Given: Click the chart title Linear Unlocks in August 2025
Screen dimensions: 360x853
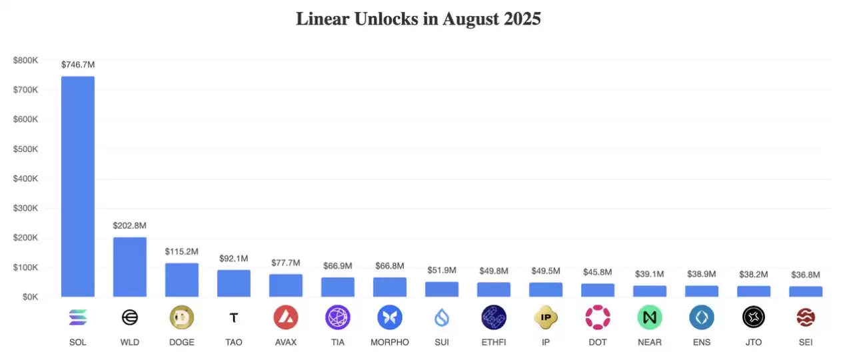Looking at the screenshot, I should pos(418,19).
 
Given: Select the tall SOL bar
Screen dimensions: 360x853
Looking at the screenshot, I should pos(78,187).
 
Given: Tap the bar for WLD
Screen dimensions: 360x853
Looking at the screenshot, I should pos(130,267).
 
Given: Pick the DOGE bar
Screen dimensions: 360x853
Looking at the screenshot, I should pos(182,280).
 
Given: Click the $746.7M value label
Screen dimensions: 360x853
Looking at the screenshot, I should pos(78,65).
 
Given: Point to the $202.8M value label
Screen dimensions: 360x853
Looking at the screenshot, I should pos(130,226).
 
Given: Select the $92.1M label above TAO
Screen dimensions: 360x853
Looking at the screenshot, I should pos(234,259).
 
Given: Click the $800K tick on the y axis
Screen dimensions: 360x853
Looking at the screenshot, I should pos(26,60).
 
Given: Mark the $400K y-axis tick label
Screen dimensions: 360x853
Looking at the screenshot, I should pos(26,179).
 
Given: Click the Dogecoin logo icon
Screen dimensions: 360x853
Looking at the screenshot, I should pos(182,317).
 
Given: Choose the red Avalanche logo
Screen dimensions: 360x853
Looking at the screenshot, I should pos(286,317).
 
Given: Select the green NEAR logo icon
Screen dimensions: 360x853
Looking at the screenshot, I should pos(650,317).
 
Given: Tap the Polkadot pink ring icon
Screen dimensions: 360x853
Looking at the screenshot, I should pos(598,317).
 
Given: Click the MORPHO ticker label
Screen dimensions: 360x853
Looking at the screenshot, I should pos(390,343).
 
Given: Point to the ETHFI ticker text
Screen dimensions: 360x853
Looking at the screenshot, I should pos(494,343).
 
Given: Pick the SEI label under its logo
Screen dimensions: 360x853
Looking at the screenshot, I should pos(806,343).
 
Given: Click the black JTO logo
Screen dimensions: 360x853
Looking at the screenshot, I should pos(754,317).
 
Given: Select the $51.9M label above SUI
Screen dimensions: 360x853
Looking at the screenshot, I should pos(442,270).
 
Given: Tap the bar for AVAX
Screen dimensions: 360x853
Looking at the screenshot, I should pos(286,285).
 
